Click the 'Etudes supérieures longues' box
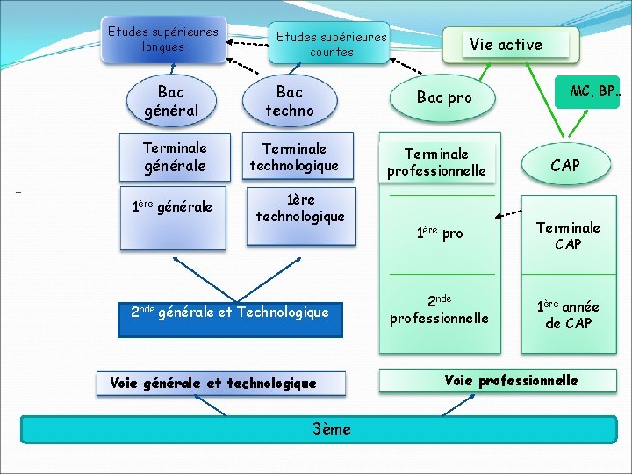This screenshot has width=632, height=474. [163, 39]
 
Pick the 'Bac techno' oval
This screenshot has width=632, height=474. [289, 101]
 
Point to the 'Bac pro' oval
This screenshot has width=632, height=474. [444, 97]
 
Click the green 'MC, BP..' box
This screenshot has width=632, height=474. [589, 92]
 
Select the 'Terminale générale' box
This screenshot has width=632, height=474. [175, 156]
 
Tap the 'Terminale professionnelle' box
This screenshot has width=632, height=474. [436, 162]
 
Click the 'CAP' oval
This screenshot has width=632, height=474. [564, 165]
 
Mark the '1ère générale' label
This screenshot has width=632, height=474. [172, 207]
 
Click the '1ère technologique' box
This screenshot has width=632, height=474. [300, 208]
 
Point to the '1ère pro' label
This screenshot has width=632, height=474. [440, 233]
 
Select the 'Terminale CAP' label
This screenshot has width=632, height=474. [568, 236]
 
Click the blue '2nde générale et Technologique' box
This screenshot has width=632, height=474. [229, 312]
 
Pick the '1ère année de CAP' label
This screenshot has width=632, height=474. [567, 314]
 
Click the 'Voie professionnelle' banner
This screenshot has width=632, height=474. [498, 380]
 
